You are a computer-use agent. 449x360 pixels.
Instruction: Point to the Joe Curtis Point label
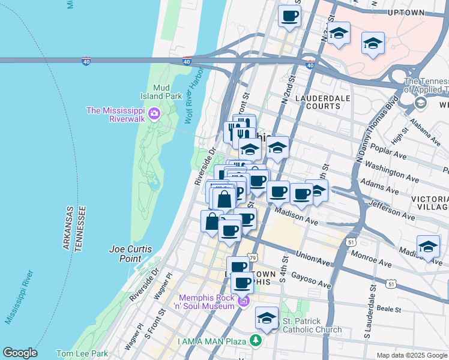point(131,254)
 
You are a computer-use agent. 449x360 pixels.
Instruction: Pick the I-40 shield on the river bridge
point(86,61)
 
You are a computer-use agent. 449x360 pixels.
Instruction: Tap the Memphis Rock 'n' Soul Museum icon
point(243,301)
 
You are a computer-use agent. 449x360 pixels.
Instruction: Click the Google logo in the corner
point(20,353)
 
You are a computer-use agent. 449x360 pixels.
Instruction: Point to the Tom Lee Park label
point(81,353)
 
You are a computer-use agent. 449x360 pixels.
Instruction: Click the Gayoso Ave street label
point(312,278)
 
